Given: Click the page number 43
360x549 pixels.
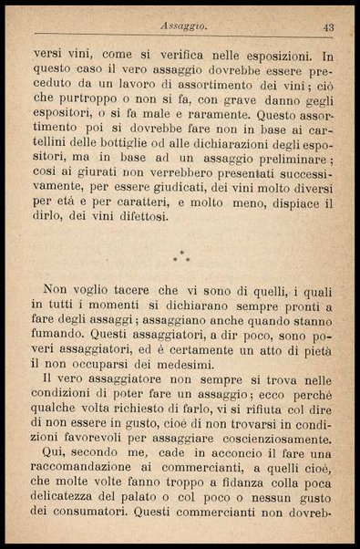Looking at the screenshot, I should [x=328, y=28].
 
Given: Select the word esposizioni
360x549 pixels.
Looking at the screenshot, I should [x=278, y=56].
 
